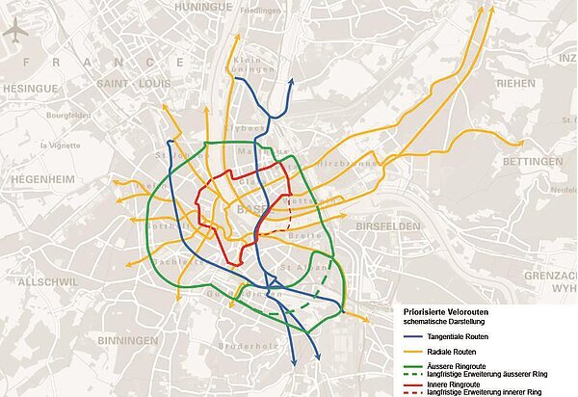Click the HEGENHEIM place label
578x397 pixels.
pos(42,180)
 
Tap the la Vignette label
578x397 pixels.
pos(56,146)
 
